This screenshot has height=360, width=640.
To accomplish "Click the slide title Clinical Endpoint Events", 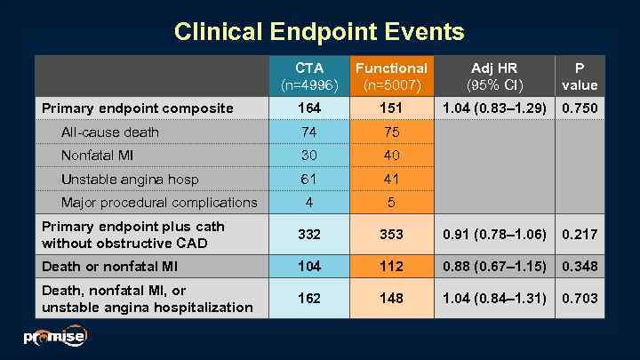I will [x=319, y=32].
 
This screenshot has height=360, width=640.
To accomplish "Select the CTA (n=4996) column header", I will [x=308, y=76].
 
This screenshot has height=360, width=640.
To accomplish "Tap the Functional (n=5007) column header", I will [x=391, y=76].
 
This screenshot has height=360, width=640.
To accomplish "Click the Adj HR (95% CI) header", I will [x=494, y=76].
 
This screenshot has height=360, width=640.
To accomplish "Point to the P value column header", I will [x=580, y=76].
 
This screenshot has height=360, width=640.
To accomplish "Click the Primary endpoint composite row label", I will [x=138, y=108].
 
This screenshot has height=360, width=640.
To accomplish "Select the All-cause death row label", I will [x=110, y=132].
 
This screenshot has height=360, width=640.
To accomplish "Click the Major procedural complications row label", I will [x=159, y=203].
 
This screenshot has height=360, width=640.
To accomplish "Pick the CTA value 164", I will [x=308, y=108].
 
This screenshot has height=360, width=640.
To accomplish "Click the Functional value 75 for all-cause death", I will [x=391, y=132].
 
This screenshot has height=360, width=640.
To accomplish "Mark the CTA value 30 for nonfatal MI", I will [x=308, y=156].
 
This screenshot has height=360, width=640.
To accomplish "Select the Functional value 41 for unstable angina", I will [x=391, y=179].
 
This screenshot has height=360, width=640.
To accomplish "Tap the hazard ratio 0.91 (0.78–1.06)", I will [x=494, y=235].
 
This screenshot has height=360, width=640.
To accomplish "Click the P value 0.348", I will [x=580, y=267].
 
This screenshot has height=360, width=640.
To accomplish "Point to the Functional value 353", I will [x=391, y=235].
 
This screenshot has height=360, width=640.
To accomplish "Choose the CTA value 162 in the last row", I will [x=308, y=299].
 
